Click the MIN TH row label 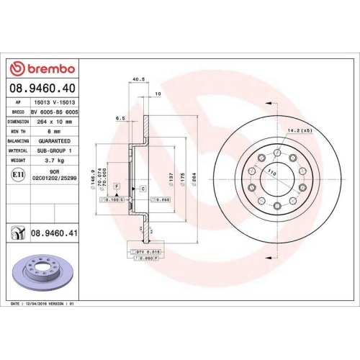(18, 132)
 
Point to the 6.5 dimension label (120, 117)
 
